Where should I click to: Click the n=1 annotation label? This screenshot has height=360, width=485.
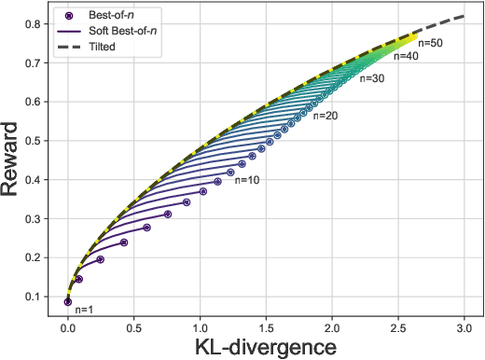click(x=85, y=309)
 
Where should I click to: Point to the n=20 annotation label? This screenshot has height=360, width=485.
click(x=326, y=117)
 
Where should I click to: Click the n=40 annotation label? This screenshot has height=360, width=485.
click(x=407, y=57)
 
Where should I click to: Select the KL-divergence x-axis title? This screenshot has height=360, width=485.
click(x=265, y=346)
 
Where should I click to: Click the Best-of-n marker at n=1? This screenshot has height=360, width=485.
click(x=67, y=301)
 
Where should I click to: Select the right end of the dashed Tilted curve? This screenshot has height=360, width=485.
click(x=464, y=16)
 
